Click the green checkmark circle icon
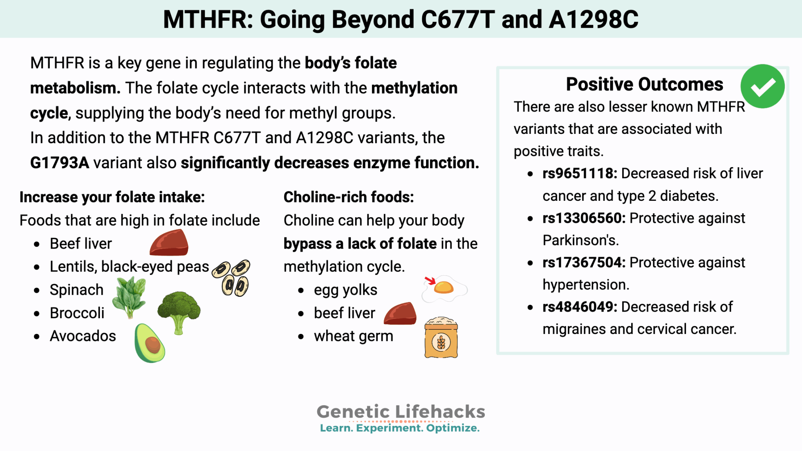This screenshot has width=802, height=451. (x=762, y=86)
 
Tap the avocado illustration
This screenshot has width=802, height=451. (x=149, y=343)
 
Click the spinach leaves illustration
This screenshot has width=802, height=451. (x=129, y=296)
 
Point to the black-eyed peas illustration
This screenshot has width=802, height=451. (x=231, y=278)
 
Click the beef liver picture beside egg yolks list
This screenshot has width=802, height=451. (x=400, y=314)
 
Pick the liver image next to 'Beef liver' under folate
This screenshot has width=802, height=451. (x=169, y=243)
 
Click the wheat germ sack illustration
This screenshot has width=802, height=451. (x=441, y=337)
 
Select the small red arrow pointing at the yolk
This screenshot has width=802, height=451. (x=430, y=280)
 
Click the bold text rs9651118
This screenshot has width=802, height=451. (x=580, y=173)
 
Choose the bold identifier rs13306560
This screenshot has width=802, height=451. (x=584, y=218)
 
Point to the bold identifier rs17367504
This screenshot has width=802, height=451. (x=584, y=262)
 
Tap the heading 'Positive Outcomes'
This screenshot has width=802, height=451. (x=644, y=84)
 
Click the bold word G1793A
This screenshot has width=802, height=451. (x=60, y=163)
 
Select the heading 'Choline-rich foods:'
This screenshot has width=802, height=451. (x=349, y=197)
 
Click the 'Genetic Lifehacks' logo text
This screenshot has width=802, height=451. (x=401, y=411)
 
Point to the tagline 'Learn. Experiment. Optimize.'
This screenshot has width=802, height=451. (x=400, y=428)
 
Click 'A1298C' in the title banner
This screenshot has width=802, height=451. (x=593, y=19)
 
